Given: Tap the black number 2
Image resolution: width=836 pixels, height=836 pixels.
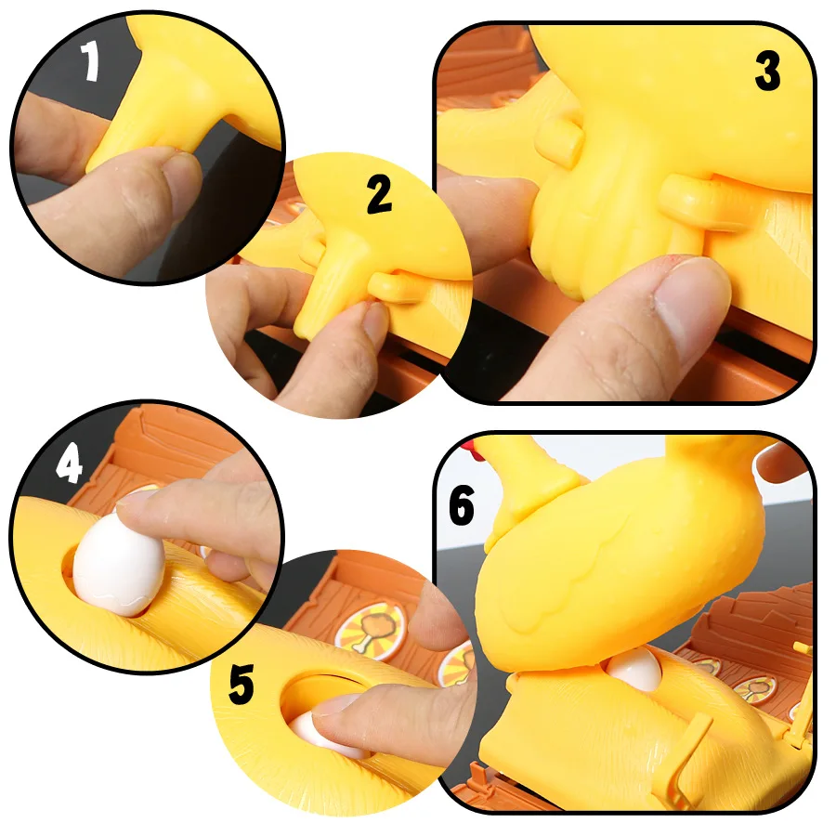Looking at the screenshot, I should click(x=378, y=193).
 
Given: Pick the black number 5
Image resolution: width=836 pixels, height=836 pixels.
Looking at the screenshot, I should click(x=241, y=686).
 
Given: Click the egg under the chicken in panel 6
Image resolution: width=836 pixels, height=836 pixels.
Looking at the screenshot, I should click(x=634, y=669).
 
